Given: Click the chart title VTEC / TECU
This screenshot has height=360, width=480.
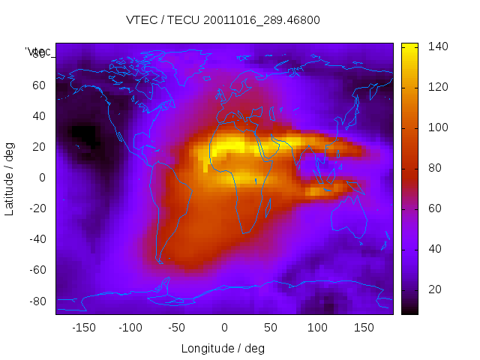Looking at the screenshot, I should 223,20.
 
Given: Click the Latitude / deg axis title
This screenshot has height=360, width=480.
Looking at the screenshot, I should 10,177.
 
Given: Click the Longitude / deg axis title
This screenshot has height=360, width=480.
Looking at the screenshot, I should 223,349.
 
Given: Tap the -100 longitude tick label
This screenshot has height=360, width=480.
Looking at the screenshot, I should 130,328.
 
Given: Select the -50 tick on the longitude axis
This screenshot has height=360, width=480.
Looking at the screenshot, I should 177,328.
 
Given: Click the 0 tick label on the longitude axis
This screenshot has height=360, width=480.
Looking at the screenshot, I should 223,328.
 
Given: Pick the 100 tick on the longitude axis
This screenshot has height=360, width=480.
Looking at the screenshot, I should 317,328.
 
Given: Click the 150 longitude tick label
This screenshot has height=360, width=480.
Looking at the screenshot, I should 364,328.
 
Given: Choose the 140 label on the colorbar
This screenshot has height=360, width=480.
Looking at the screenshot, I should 437,46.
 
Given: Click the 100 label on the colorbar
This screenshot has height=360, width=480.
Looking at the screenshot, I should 437,127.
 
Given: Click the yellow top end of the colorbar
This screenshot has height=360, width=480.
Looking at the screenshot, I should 409,47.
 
